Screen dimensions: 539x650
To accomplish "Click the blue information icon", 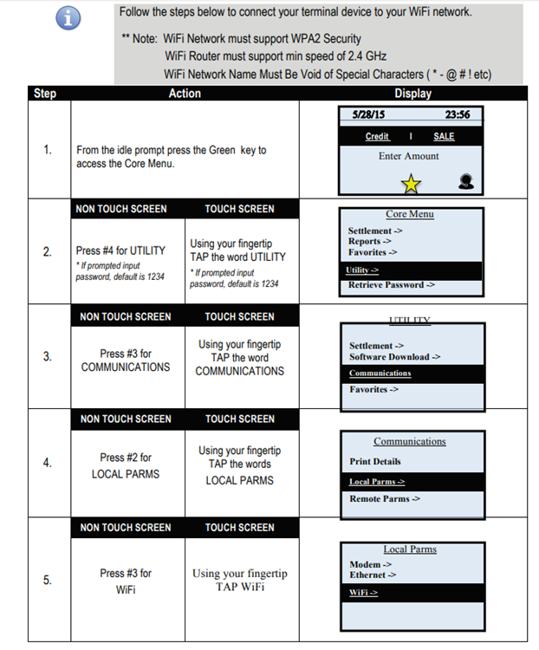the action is pos(68,18).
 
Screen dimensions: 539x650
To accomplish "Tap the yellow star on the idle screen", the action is pos(411,184).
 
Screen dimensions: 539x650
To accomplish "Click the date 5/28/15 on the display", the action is pos(368,114).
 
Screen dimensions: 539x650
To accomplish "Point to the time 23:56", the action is pos(458,114).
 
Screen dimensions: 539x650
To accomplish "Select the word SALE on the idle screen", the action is pos(444,136).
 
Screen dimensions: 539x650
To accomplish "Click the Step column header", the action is pos(45,94).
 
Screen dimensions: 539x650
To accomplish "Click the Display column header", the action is pos(413,94).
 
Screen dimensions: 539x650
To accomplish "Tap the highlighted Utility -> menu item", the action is pos(362,270).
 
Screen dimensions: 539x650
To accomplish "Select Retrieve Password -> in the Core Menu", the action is pos(391,285).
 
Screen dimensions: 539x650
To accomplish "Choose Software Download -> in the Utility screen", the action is pos(394,357).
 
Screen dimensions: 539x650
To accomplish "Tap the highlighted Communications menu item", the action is pos(380,373).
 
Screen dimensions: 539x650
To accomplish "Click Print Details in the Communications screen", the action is pos(375,461).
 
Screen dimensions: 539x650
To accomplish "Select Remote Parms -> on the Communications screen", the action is pos(385,498).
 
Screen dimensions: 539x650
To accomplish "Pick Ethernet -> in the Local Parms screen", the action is pos(373,575).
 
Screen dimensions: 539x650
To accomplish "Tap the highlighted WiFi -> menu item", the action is pos(363,593).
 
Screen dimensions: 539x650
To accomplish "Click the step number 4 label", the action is pos(48,463).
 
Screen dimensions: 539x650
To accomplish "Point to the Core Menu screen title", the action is pos(410,214).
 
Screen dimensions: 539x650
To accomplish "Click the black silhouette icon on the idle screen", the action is pos(466,182).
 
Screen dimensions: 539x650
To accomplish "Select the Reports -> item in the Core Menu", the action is pos(369,241).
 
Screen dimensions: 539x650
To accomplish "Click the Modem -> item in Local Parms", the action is pos(370,564).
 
